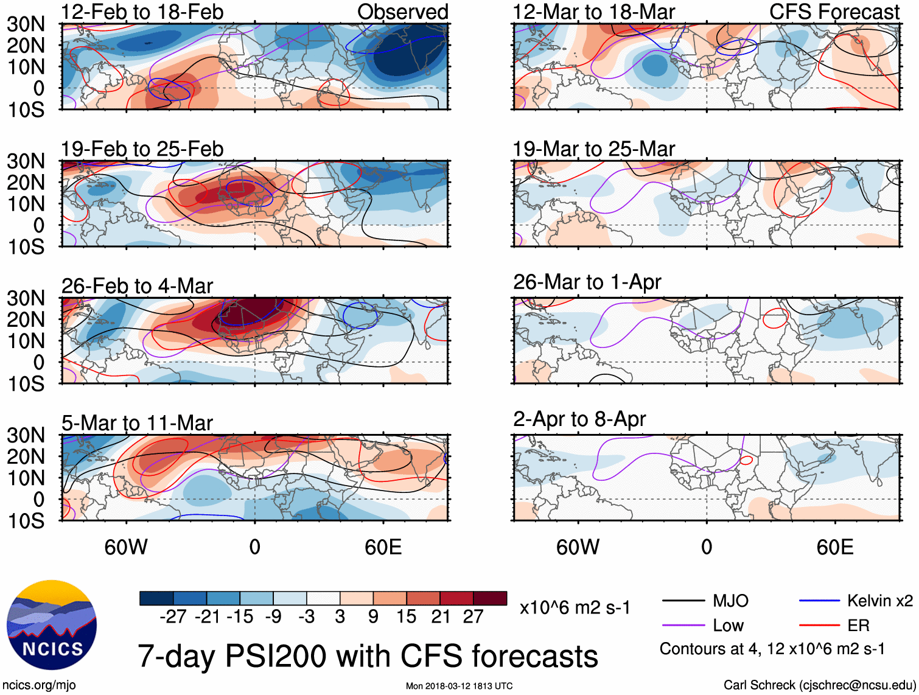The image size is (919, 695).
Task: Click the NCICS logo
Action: pos(51,625)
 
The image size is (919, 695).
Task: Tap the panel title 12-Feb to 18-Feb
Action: pos(142,12)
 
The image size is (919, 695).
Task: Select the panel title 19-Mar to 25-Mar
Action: pos(593,149)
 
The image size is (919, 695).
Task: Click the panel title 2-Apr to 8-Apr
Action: pos(579,419)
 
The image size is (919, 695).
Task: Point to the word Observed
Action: pos(402,12)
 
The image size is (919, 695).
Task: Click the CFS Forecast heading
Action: pos(834,12)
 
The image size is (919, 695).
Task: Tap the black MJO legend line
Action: pos(683,601)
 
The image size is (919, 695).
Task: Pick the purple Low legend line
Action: pos(683,626)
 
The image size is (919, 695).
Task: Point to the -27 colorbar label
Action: pos(173,617)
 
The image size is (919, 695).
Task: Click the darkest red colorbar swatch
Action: pos(490,598)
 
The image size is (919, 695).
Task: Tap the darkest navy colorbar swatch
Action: pos(156,598)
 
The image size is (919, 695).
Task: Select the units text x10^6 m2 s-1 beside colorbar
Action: pos(575,608)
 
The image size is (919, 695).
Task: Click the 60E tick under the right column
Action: pos(834,547)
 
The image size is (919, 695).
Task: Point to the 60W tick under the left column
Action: pos(126,547)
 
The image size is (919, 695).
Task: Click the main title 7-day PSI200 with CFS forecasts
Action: pos(368,657)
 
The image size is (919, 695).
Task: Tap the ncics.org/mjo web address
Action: pos(39,685)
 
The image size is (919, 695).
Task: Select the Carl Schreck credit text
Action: pos(819,685)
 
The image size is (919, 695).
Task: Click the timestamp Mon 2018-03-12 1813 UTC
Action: pos(459,686)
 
